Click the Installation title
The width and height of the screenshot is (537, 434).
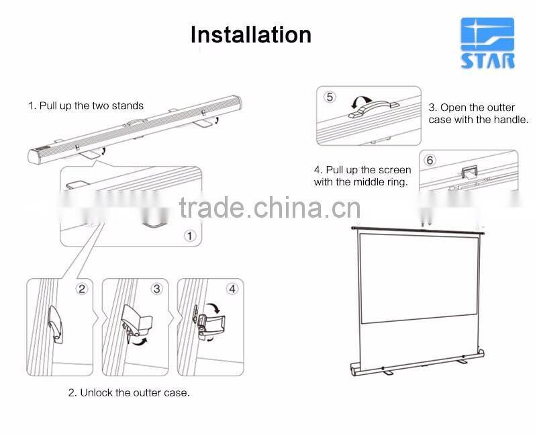(251, 34)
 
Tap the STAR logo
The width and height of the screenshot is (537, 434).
(487, 44)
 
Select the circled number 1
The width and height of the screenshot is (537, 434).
(189, 235)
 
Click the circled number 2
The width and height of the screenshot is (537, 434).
(82, 289)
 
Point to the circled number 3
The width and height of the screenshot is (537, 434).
(157, 289)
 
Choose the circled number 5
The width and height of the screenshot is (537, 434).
(329, 97)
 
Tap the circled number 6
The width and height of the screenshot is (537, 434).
(430, 160)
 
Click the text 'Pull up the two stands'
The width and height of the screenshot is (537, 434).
(86, 105)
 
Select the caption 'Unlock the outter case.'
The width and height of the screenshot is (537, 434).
(129, 392)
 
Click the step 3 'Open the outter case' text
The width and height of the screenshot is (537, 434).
(478, 114)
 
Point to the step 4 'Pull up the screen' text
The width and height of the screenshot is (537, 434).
(362, 176)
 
